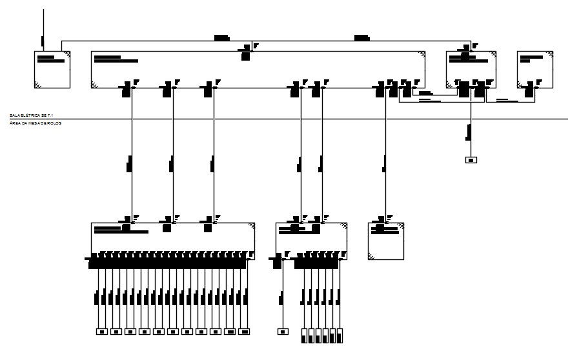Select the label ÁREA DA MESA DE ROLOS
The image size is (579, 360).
click(x=36, y=123)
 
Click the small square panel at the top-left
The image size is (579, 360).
click(x=52, y=69)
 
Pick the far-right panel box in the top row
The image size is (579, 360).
click(x=535, y=69)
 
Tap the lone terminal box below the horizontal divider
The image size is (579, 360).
click(x=471, y=159)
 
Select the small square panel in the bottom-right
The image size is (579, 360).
click(x=386, y=241)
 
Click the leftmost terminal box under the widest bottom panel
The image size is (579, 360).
click(x=101, y=332)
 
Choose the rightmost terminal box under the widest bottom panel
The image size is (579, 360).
click(x=244, y=332)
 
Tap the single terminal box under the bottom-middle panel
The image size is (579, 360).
click(x=282, y=332)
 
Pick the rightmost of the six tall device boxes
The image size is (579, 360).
click(x=340, y=335)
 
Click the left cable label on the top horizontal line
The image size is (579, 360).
click(x=221, y=38)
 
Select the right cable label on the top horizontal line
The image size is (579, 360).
click(x=361, y=38)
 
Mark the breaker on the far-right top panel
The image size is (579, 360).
click(x=530, y=90)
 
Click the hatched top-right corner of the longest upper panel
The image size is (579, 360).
click(x=421, y=55)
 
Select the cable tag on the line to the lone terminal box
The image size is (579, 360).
click(x=469, y=133)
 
